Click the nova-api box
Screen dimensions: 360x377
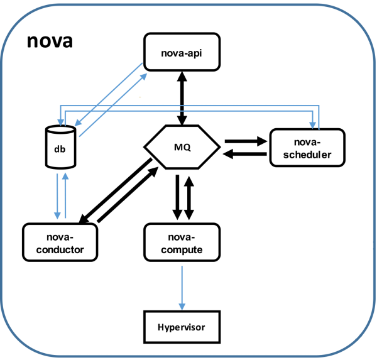coord(182,52)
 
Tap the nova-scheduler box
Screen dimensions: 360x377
coord(307,148)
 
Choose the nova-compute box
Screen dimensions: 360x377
coord(182,243)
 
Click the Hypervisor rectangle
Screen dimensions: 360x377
coord(182,327)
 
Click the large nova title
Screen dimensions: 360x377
coord(50,42)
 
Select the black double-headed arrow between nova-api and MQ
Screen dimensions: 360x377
coord(182,97)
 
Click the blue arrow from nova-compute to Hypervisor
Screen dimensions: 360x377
coord(182,286)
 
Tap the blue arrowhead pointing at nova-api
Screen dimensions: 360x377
coord(145,74)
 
